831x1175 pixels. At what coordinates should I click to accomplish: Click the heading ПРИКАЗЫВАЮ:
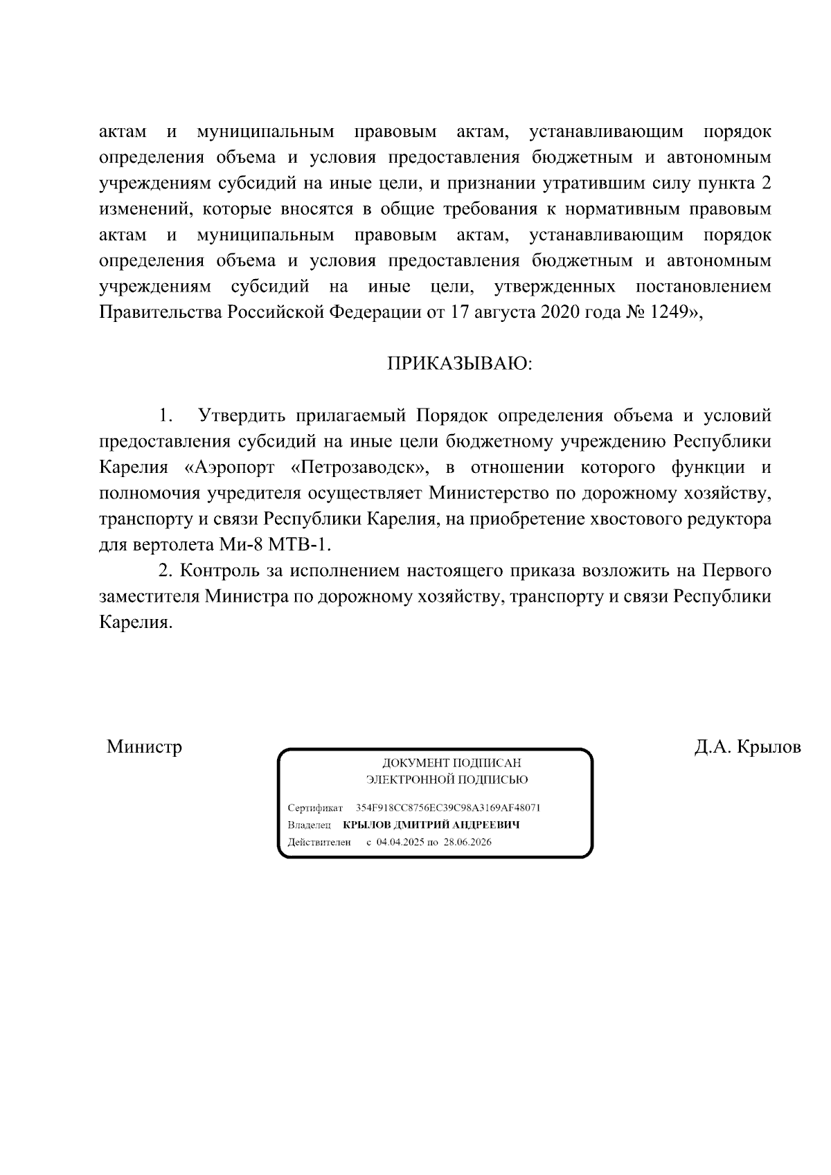tap(459, 364)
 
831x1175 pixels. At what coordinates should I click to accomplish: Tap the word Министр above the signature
tap(144, 747)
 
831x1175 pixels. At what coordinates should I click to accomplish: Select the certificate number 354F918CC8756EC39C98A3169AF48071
tap(448, 808)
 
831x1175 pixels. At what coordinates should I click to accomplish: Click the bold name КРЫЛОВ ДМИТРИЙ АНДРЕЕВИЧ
tap(431, 825)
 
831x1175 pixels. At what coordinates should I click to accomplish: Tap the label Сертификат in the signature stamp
tap(315, 808)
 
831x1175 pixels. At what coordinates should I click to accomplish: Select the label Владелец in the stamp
tap(309, 825)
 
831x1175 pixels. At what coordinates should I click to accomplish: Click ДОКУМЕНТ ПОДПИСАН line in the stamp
tap(452, 763)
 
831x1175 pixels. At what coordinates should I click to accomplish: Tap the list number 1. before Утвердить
tap(165, 416)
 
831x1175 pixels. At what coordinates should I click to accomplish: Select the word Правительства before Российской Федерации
tap(161, 312)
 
